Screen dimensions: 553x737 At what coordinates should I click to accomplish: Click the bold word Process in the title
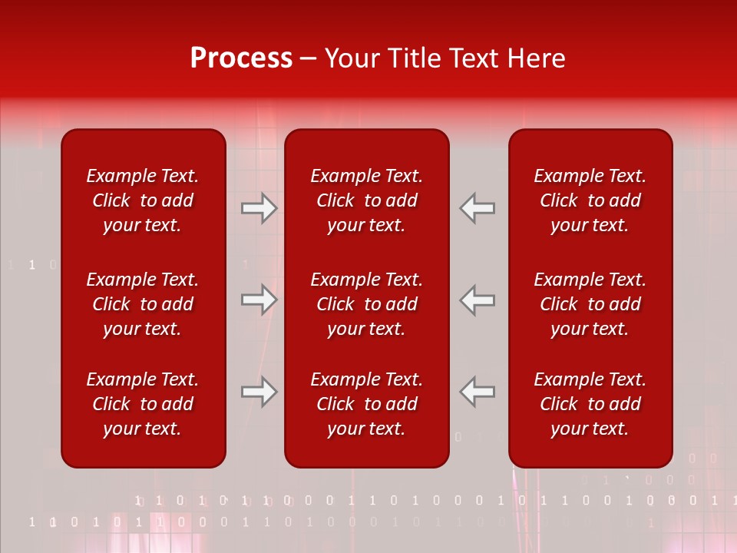[x=241, y=58]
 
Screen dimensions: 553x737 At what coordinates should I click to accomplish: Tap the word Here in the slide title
[x=537, y=58]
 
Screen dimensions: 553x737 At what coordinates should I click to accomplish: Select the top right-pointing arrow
[x=259, y=208]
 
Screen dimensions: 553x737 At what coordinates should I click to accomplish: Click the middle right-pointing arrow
[x=259, y=300]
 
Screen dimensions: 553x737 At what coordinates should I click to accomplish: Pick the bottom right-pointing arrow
[x=259, y=392]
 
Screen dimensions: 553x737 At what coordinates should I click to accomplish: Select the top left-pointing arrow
[x=478, y=208]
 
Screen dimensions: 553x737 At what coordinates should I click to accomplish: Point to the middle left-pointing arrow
[x=478, y=300]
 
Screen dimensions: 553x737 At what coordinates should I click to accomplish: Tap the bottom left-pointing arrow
[x=478, y=392]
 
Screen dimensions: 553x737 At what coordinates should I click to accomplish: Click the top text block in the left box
[x=143, y=200]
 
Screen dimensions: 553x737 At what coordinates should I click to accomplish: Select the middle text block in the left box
[x=143, y=304]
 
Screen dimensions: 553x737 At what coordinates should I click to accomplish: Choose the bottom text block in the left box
[x=143, y=404]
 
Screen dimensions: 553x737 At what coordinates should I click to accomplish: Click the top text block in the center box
[x=366, y=200]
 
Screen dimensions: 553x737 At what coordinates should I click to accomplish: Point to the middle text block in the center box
[x=366, y=304]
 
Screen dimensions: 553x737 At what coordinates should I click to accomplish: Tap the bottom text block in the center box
[x=366, y=404]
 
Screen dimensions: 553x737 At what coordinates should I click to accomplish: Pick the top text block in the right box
[x=590, y=200]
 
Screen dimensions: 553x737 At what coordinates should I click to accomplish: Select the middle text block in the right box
[x=590, y=304]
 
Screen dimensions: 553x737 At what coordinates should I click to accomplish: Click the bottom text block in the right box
[x=590, y=404]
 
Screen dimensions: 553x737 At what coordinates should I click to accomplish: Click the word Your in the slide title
[x=352, y=58]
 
